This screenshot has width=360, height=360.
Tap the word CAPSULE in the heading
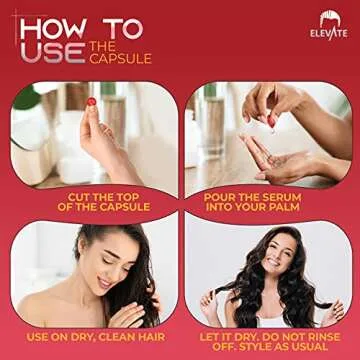121,59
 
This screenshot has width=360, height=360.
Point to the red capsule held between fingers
91,102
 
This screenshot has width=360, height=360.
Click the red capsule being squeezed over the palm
269,121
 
